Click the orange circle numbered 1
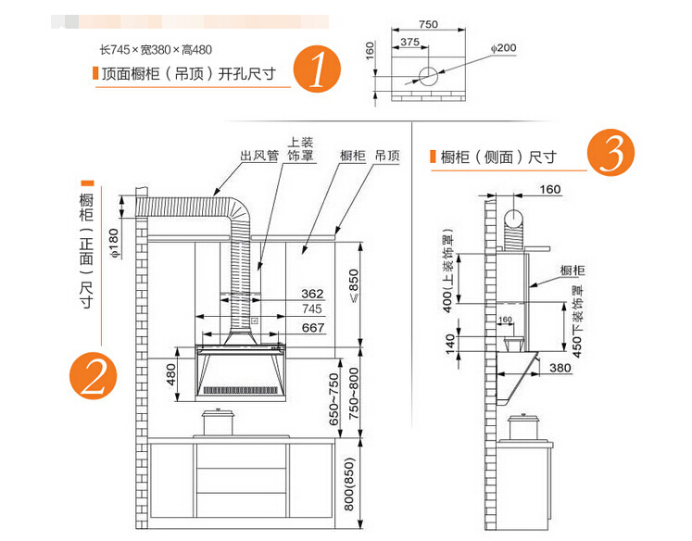click(317, 69)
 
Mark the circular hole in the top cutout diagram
click(429, 76)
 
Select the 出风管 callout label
click(259, 157)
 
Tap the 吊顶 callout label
click(387, 157)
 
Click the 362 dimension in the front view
click(311, 295)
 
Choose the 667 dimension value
click(312, 326)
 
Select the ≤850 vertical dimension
click(352, 290)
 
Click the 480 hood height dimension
click(170, 374)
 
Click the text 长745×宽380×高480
click(155, 49)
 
